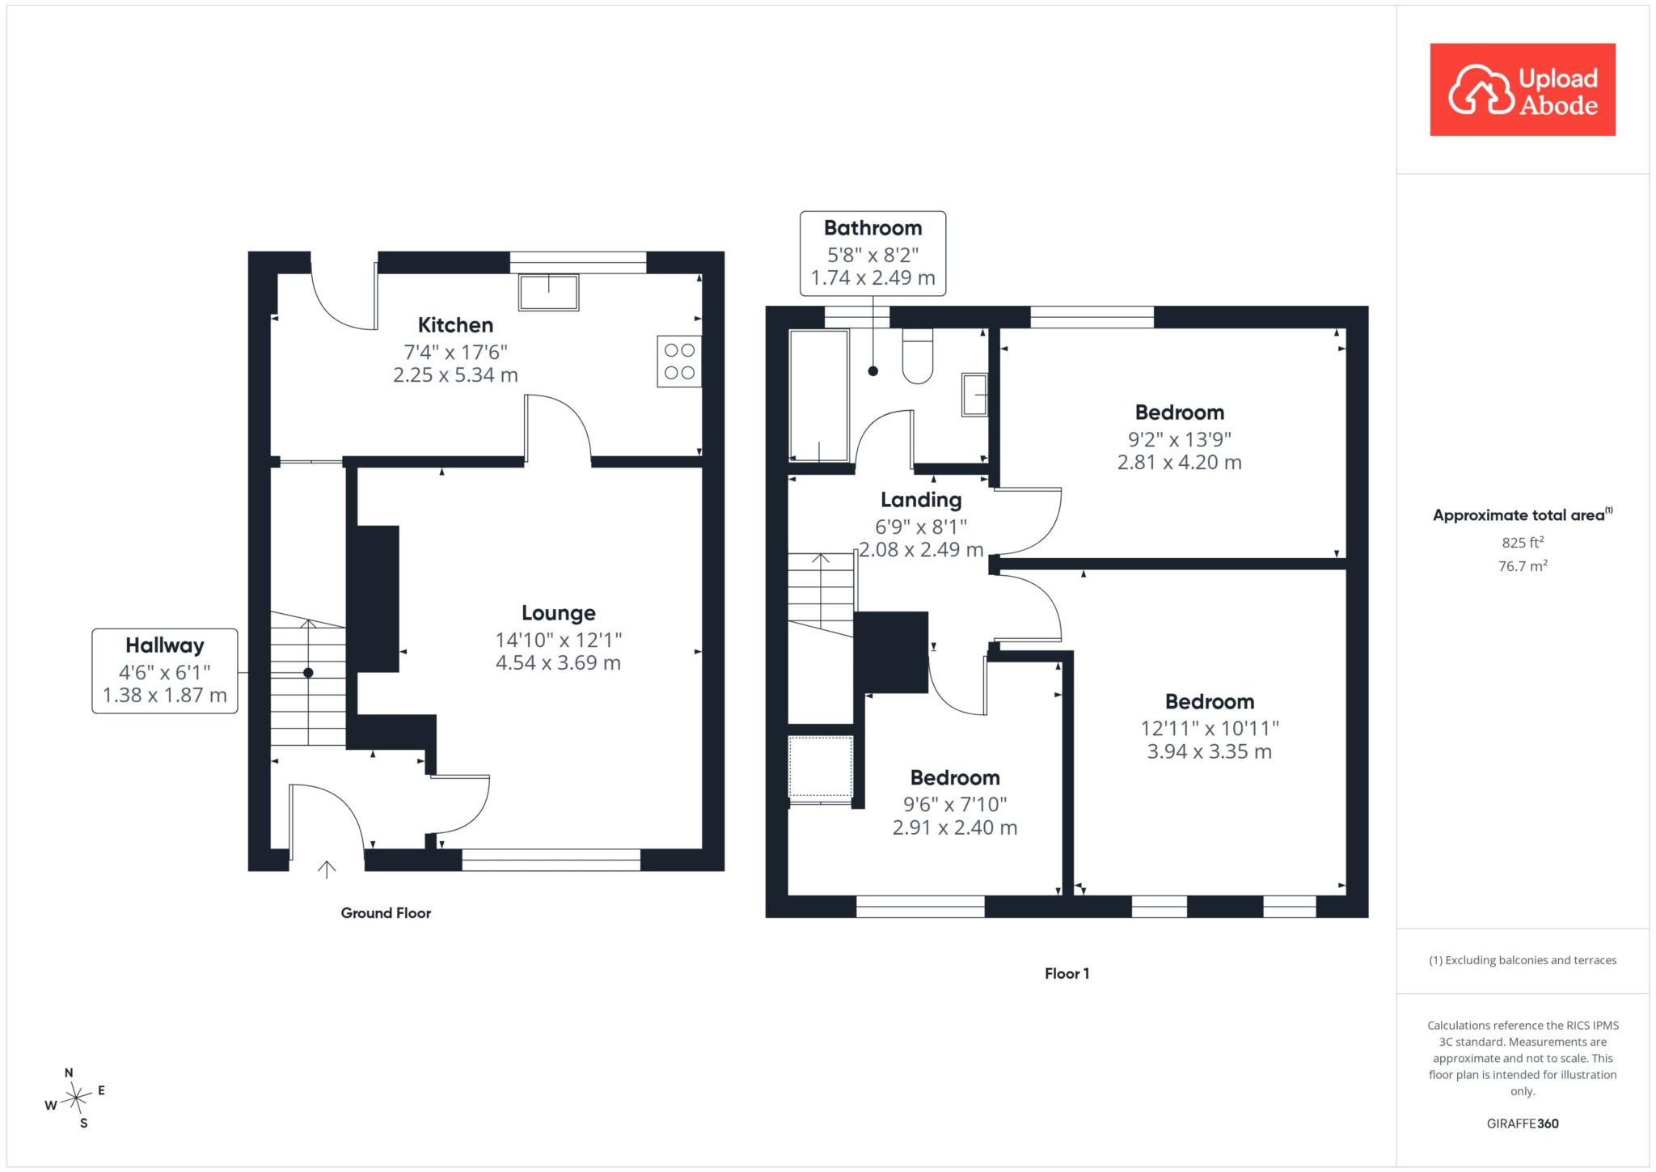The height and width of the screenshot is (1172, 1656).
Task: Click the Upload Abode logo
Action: [x=1523, y=89]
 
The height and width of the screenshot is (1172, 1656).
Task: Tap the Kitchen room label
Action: [x=455, y=325]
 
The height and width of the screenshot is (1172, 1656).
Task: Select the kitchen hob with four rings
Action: [x=679, y=362]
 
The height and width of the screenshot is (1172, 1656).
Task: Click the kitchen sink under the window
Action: [x=549, y=292]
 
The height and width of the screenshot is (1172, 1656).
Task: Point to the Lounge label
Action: [x=559, y=613]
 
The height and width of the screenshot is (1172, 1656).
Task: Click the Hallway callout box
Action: [x=165, y=671]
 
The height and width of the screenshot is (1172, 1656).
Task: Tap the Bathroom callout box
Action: [x=873, y=253]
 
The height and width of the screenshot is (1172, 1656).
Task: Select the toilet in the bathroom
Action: [x=917, y=356]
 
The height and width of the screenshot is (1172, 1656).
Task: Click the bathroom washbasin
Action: [x=974, y=395]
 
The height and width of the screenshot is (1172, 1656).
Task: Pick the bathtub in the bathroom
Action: [x=819, y=396]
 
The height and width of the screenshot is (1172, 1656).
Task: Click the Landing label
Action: [x=921, y=500]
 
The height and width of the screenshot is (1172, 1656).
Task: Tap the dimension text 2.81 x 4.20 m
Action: [x=1180, y=463]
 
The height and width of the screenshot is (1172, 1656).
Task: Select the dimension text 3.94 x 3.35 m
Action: [x=1210, y=751]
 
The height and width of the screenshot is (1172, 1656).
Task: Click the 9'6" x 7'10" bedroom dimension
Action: [x=955, y=804]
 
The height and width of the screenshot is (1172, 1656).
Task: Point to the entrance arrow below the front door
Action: [x=327, y=869]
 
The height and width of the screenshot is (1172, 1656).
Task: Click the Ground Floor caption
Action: [x=386, y=913]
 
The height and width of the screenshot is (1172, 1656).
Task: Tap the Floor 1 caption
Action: [x=1067, y=974]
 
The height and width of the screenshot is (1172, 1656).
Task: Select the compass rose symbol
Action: [x=75, y=1098]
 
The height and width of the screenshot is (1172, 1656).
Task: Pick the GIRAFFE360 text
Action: [x=1523, y=1123]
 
